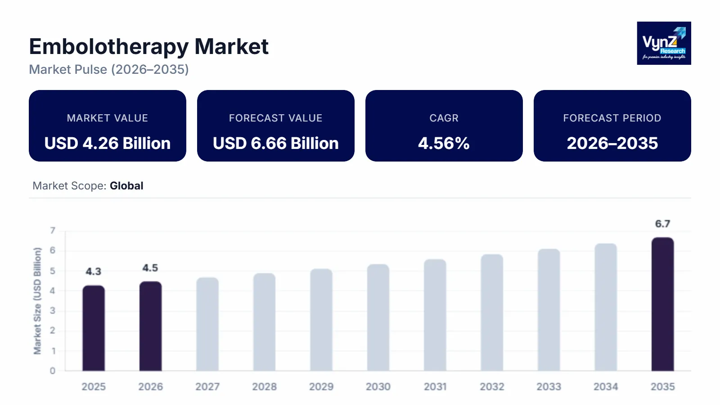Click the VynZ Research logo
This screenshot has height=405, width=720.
click(x=664, y=43)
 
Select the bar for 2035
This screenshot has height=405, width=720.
click(x=662, y=304)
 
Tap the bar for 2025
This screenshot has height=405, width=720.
click(x=94, y=328)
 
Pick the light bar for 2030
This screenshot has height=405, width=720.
click(x=378, y=317)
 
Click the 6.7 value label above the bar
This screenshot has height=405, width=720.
click(x=662, y=224)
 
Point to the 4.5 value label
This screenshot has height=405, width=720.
click(x=150, y=268)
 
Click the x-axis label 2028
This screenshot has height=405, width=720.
click(x=264, y=387)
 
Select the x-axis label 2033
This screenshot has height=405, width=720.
click(x=549, y=387)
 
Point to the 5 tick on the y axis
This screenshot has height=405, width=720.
click(x=53, y=271)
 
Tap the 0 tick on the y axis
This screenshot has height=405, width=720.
click(x=53, y=371)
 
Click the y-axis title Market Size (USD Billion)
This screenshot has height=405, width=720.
click(x=37, y=301)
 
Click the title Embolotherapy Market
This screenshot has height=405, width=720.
click(x=148, y=46)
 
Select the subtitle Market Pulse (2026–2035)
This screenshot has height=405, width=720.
click(x=109, y=69)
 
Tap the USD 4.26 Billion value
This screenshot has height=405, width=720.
click(x=108, y=143)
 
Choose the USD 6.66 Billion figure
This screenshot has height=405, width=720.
click(x=276, y=143)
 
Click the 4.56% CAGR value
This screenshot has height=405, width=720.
click(x=444, y=143)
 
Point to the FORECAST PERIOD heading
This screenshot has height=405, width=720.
click(x=612, y=118)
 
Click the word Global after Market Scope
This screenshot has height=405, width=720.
click(x=126, y=186)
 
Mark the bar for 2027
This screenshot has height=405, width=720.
click(x=207, y=324)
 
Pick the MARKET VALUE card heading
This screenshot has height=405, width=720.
click(x=108, y=118)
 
